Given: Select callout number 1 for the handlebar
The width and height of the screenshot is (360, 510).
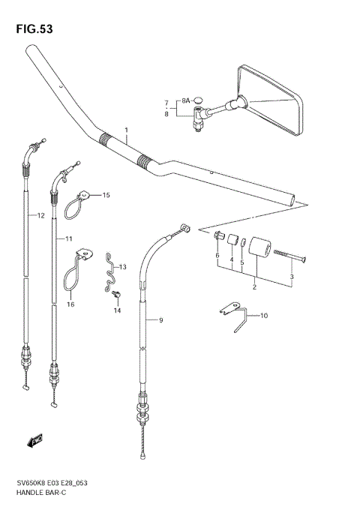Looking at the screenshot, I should click(127, 130).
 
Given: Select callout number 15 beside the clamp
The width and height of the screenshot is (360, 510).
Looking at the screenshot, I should click(106, 195).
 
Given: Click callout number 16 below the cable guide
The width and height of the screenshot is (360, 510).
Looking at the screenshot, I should click(70, 304).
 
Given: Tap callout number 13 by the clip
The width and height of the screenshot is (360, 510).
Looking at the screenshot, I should click(122, 267).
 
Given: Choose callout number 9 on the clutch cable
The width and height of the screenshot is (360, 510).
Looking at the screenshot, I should click(159, 321).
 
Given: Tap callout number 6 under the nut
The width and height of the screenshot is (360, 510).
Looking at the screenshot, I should click(218, 256).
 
